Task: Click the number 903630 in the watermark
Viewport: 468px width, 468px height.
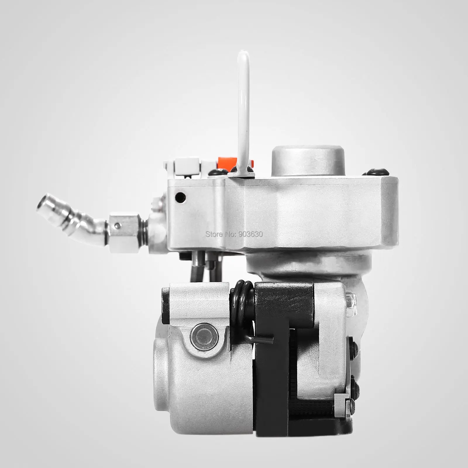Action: point(251,234)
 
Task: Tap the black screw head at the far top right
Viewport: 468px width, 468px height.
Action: point(374,172)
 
